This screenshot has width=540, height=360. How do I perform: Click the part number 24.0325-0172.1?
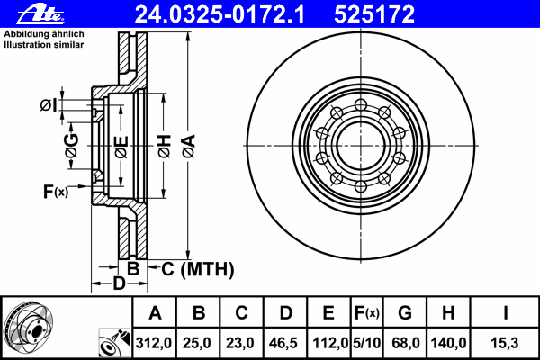point(232,13)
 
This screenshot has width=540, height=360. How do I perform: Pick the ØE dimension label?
point(121,146)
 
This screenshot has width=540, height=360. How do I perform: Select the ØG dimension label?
point(71,145)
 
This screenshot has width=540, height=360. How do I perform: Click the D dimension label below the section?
point(119,284)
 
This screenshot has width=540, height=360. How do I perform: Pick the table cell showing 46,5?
point(285,343)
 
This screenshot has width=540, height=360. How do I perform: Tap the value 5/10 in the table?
point(365,343)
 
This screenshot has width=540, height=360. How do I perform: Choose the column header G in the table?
point(404,313)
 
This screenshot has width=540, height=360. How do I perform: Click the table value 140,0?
point(447,343)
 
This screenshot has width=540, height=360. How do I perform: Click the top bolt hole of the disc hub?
point(360,106)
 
